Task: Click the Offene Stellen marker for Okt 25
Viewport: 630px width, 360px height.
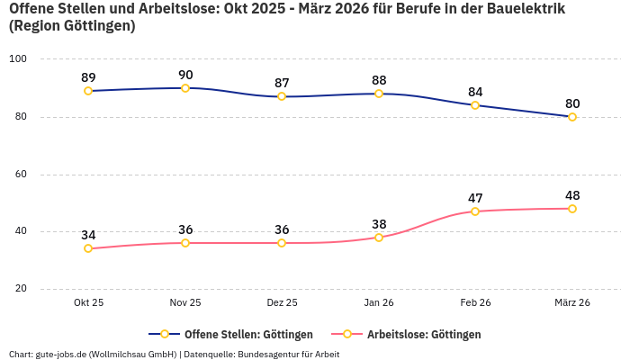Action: coord(88,91)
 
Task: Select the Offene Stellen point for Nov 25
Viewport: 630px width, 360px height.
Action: coord(185,88)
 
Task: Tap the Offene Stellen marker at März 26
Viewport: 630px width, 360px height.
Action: coord(572,117)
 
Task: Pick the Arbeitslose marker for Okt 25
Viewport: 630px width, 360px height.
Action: coord(88,248)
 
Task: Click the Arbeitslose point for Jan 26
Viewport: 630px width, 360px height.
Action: coord(379,238)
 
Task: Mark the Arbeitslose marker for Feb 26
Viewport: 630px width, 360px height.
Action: coord(475,211)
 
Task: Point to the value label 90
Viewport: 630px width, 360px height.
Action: coord(185,75)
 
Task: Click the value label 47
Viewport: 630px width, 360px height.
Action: coord(475,198)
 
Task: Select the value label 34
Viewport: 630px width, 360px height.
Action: coord(88,235)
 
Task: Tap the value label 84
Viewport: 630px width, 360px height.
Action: coord(475,92)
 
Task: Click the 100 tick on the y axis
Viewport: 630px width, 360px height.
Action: coord(18,59)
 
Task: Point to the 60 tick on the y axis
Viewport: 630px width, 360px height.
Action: coord(20,174)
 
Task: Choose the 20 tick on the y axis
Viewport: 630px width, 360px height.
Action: coord(20,289)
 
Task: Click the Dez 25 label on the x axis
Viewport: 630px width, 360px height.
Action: coord(282,303)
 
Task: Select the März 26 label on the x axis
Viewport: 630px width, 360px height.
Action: coord(572,303)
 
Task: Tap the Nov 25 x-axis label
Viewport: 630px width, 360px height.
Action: coord(185,303)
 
